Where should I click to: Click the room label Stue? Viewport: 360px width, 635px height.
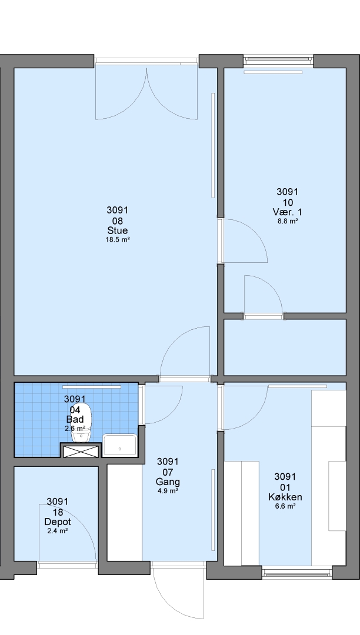pyautogui.click(x=118, y=230)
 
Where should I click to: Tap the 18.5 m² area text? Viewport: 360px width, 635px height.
pyautogui.click(x=118, y=240)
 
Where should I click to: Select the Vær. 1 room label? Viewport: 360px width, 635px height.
pyautogui.click(x=288, y=212)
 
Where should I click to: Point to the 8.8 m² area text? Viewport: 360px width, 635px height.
pyautogui.click(x=288, y=221)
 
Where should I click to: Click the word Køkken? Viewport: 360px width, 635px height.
pyautogui.click(x=285, y=497)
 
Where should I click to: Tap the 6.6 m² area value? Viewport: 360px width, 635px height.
pyautogui.click(x=285, y=506)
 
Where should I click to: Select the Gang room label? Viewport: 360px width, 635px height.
pyautogui.click(x=168, y=482)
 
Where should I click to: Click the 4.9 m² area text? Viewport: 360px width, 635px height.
pyautogui.click(x=168, y=491)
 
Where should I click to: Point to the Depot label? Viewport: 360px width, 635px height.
pyautogui.click(x=58, y=522)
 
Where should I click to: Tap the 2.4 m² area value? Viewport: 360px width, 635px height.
pyautogui.click(x=58, y=531)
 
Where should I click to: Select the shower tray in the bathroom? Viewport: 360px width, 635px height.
pyautogui.click(x=120, y=445)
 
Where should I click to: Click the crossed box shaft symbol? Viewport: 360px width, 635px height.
pyautogui.click(x=81, y=452)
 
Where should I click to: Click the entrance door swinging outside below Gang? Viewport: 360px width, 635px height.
pyautogui.click(x=178, y=591)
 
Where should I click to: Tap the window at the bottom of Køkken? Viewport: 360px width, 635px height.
pyautogui.click(x=297, y=573)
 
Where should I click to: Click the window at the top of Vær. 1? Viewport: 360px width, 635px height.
pyautogui.click(x=279, y=61)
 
